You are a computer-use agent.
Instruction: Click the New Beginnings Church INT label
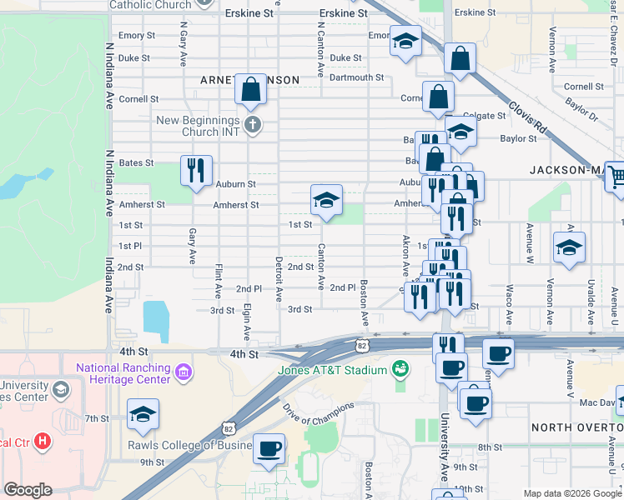click(x=198, y=127)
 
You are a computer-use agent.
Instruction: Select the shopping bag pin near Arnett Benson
click(x=250, y=88)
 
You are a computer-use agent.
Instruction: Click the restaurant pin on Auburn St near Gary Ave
click(x=196, y=170)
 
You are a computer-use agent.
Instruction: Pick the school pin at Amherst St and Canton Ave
click(x=326, y=200)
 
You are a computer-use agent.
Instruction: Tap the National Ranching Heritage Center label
click(x=123, y=373)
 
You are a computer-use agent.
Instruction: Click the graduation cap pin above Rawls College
click(x=143, y=413)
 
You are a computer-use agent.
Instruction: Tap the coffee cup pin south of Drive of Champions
click(x=269, y=448)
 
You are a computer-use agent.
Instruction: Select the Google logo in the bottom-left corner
click(x=28, y=490)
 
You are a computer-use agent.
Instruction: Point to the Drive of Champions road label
click(x=319, y=413)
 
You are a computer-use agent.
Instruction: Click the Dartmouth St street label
click(x=356, y=77)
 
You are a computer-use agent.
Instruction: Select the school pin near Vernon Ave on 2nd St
click(x=569, y=247)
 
